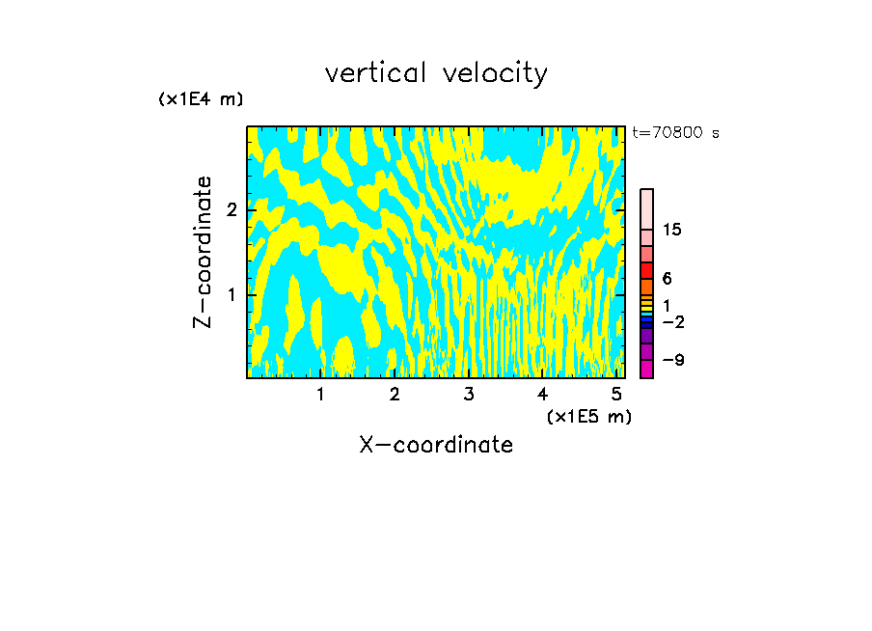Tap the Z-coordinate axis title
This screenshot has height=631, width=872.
203,252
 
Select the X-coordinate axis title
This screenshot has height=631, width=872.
436,445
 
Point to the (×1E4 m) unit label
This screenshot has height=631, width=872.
201,99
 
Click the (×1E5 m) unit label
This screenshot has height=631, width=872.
588,416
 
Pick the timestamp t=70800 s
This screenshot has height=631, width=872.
675,133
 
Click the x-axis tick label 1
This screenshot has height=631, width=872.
320,395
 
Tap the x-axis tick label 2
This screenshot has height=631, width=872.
395,395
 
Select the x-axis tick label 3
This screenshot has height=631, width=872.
469,395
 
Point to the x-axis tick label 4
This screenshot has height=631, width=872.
542,395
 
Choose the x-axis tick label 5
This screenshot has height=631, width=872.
616,395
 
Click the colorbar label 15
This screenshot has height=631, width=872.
672,230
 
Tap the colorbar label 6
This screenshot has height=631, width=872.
667,278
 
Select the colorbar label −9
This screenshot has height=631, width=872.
673,360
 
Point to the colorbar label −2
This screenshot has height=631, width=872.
673,320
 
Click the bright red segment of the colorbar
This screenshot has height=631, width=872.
646,270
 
